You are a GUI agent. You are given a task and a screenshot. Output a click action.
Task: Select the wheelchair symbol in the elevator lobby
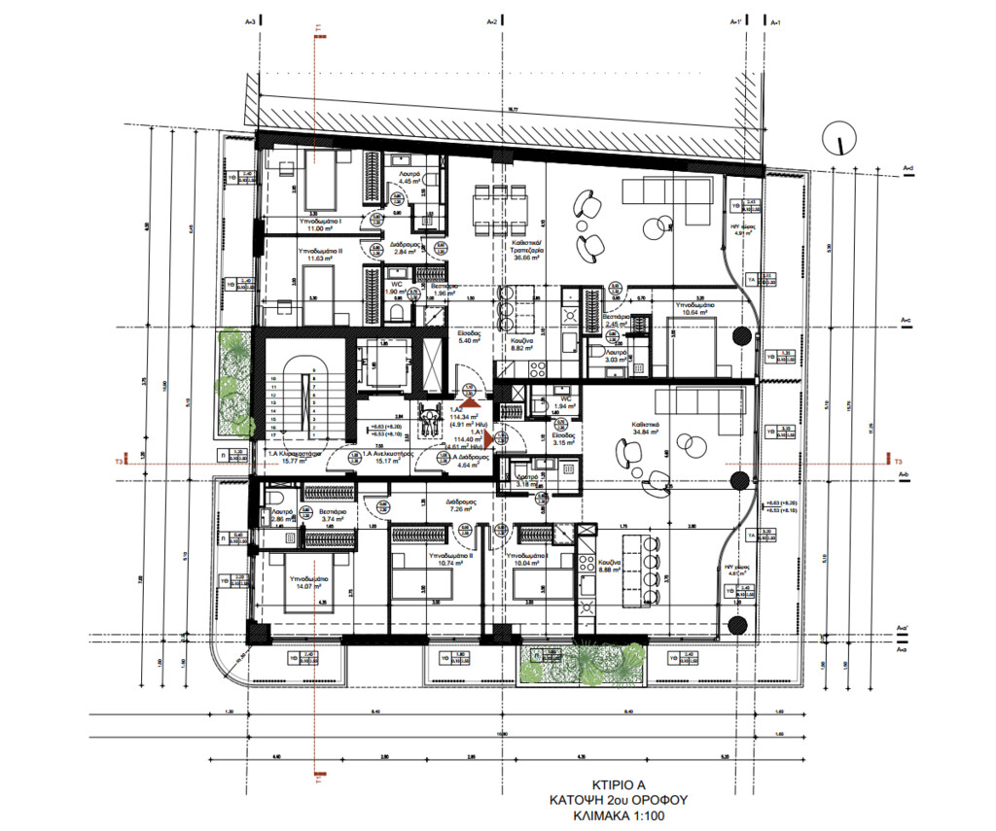[425, 420]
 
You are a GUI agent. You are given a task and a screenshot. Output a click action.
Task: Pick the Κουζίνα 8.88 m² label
[611, 568]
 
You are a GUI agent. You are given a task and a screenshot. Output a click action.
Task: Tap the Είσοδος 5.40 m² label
[472, 337]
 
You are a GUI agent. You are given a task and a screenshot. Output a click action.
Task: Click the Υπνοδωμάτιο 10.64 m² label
[694, 309]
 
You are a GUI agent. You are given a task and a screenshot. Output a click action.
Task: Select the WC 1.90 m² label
[395, 288]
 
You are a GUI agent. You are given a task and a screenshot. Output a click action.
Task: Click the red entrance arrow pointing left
[489, 440]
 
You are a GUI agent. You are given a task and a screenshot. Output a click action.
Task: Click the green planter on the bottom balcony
[584, 665]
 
